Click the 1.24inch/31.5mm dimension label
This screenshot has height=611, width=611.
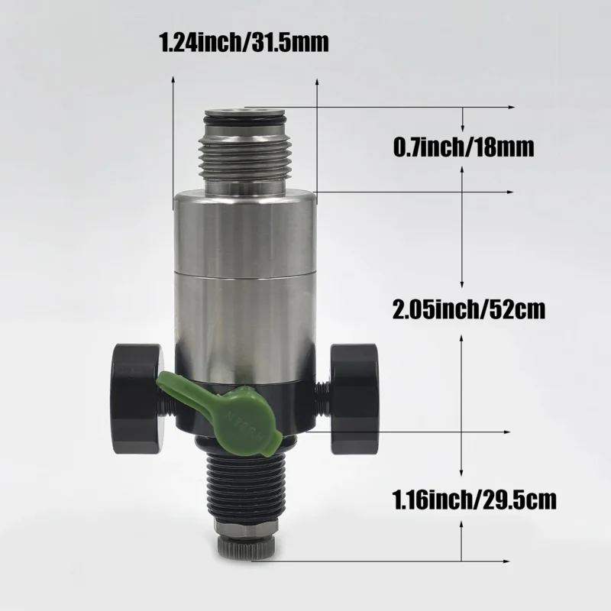tap(244, 40)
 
